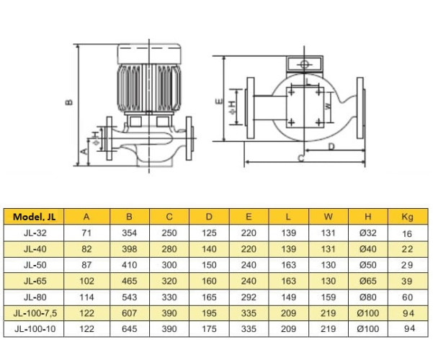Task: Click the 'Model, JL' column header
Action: pos(34,217)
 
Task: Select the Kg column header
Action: pos(406,217)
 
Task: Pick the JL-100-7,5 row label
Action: pos(34,312)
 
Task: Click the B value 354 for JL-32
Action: pos(130,233)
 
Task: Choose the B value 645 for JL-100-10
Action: pos(130,328)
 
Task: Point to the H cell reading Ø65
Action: pos(367,280)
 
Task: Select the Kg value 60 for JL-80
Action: pos(406,296)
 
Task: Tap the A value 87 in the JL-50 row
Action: pos(87,264)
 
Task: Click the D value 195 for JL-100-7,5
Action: pos(209,312)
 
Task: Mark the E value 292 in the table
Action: pos(249,296)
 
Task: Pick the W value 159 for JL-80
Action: pos(328,296)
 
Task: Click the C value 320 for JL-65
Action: pos(169,280)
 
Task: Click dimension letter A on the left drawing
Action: pos(84,152)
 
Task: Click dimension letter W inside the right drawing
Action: pos(327,106)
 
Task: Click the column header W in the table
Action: pos(328,217)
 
